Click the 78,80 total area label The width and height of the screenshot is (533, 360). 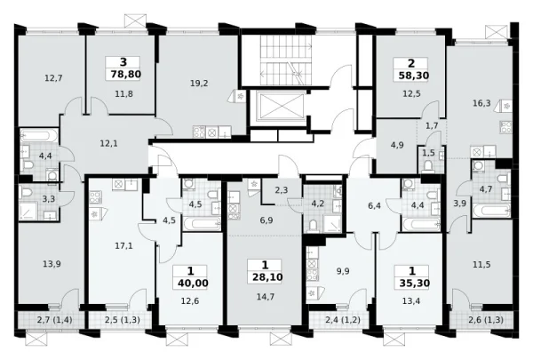(126, 74)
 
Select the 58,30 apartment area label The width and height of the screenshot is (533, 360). (413, 76)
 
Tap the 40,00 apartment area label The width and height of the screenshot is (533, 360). (193, 283)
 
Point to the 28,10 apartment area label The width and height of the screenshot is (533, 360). (267, 277)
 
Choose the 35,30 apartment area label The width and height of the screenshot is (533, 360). (414, 283)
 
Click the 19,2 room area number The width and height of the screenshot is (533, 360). (199, 83)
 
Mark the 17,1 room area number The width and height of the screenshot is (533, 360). (123, 245)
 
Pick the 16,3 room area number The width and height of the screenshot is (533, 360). (481, 103)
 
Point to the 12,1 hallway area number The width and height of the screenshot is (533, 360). (108, 144)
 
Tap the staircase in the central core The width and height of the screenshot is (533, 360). (286, 60)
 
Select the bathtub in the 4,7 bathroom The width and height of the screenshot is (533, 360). (491, 210)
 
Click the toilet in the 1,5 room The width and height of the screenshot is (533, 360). (428, 166)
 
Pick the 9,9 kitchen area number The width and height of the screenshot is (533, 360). (342, 271)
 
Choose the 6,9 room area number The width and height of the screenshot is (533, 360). (266, 220)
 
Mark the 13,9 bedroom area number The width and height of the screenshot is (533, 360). (52, 263)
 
